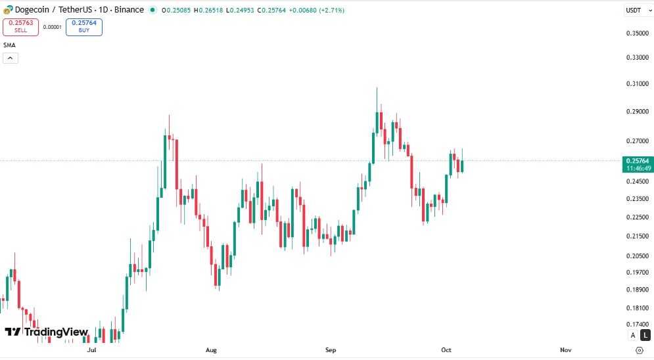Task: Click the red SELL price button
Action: click(20, 27)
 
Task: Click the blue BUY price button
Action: click(84, 27)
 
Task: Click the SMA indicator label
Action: click(9, 45)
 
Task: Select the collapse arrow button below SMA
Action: click(11, 58)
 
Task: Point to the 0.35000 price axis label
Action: click(638, 33)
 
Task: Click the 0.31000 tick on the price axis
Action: click(638, 84)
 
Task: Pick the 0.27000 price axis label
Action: click(638, 141)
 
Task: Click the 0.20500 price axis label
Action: click(638, 256)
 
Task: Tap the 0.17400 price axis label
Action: click(638, 325)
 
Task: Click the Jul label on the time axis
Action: click(91, 350)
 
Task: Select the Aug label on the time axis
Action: click(211, 350)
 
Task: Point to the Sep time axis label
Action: click(331, 350)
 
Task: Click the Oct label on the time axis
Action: click(446, 350)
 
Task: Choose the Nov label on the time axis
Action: click(565, 350)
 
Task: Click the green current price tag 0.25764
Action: click(637, 164)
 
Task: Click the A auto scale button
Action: click(632, 335)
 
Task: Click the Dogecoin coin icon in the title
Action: click(8, 11)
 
